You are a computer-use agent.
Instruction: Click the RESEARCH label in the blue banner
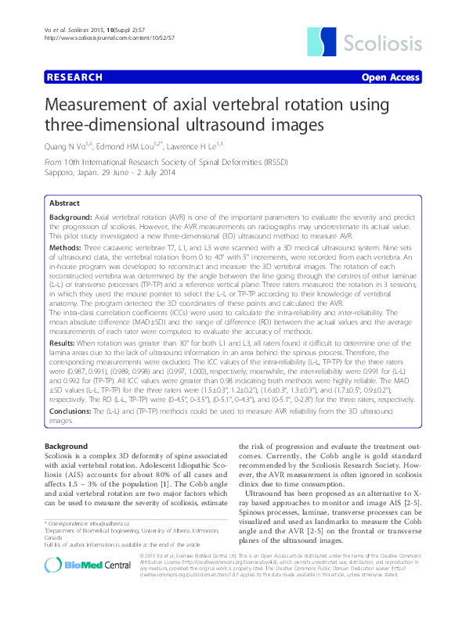click(74, 77)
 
